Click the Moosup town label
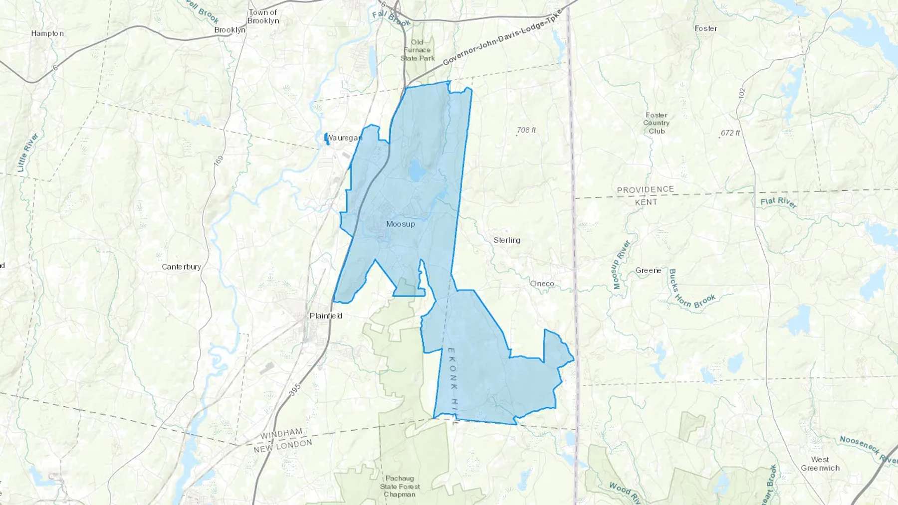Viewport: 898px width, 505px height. tap(400, 224)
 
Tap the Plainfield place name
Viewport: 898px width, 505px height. tap(326, 316)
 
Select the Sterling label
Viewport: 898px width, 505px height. tap(507, 240)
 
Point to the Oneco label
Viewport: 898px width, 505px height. tap(542, 284)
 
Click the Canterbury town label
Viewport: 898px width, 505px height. tap(181, 267)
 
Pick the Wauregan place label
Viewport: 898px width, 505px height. tap(344, 138)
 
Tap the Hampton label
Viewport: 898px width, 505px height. tap(47, 33)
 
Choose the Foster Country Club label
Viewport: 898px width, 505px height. tap(656, 123)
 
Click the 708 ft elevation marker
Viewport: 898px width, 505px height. tap(526, 130)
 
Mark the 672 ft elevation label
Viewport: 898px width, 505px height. tap(730, 133)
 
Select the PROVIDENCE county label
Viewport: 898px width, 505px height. tap(645, 190)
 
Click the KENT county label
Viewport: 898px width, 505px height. tap(646, 202)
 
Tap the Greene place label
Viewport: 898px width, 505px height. tap(648, 270)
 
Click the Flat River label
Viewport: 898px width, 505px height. tap(778, 202)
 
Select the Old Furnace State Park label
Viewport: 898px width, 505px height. tap(417, 50)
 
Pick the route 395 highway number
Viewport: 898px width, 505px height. tap(295, 389)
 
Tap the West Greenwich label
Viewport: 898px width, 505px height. tap(820, 464)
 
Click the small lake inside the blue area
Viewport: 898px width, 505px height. tap(416, 170)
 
